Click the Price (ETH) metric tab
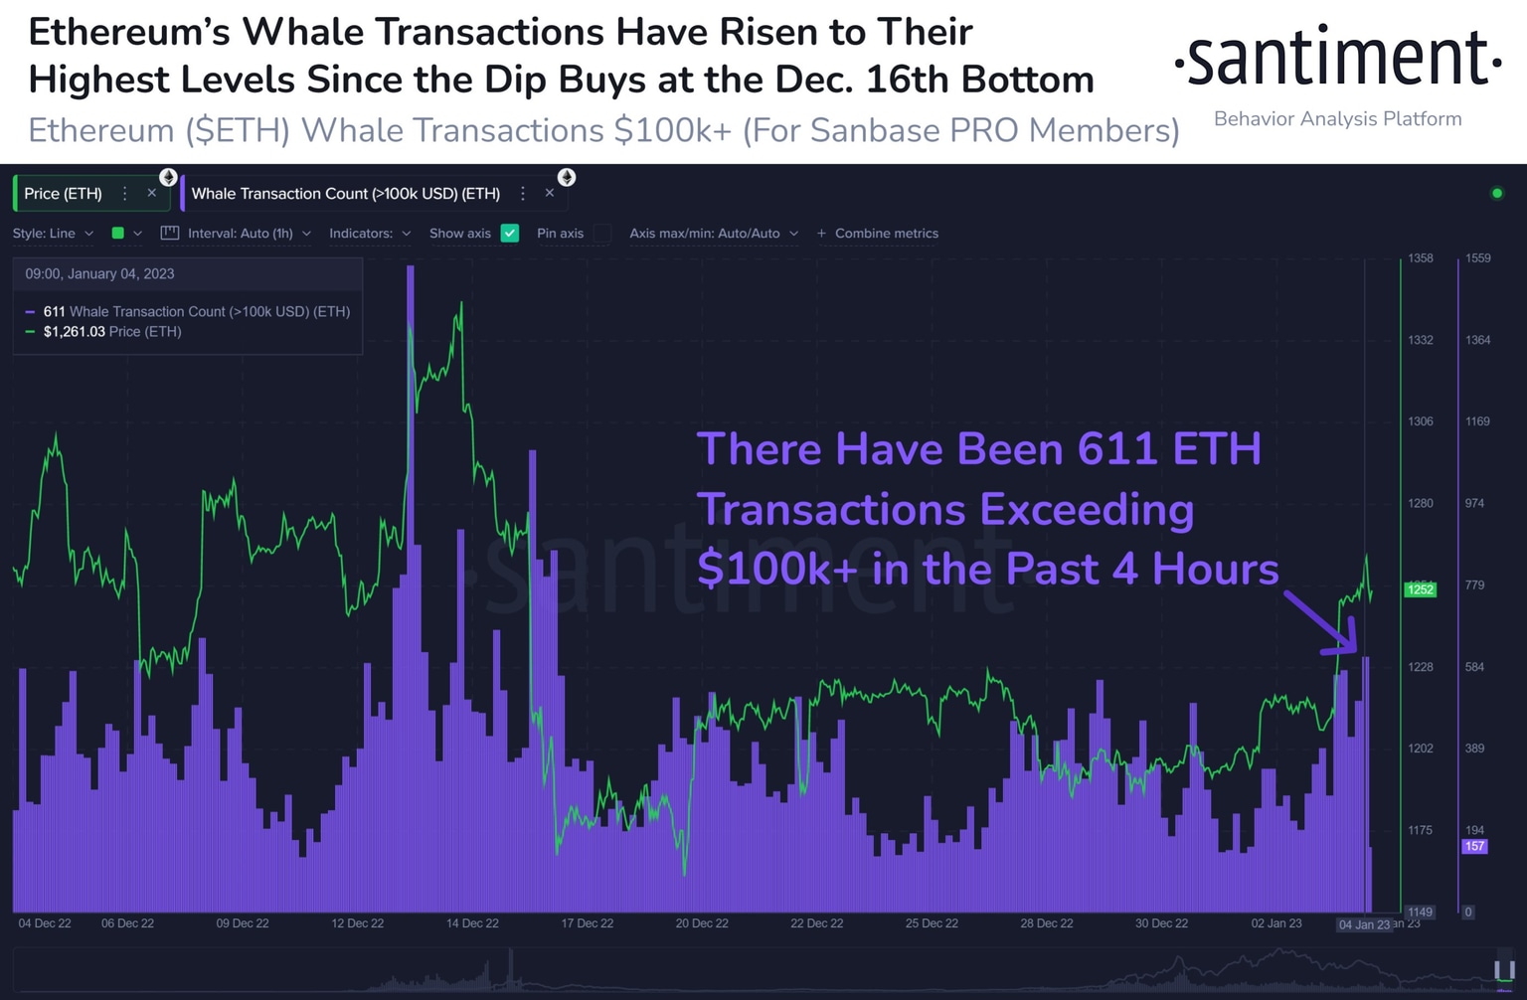[x=63, y=194]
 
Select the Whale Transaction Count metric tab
[x=345, y=194]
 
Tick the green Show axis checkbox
[x=510, y=234]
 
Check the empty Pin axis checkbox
[x=601, y=234]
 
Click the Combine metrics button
[x=878, y=234]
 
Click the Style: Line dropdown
[x=53, y=234]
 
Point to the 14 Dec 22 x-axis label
[x=472, y=923]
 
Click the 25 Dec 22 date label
[x=932, y=923]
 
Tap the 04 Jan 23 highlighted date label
[x=1364, y=924]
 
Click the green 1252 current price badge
[x=1420, y=589]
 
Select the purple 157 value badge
[x=1473, y=847]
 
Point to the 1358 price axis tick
[x=1420, y=258]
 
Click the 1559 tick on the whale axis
[x=1477, y=258]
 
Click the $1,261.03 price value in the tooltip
[x=74, y=332]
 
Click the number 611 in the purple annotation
[x=1117, y=449]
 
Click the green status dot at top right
[x=1497, y=193]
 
